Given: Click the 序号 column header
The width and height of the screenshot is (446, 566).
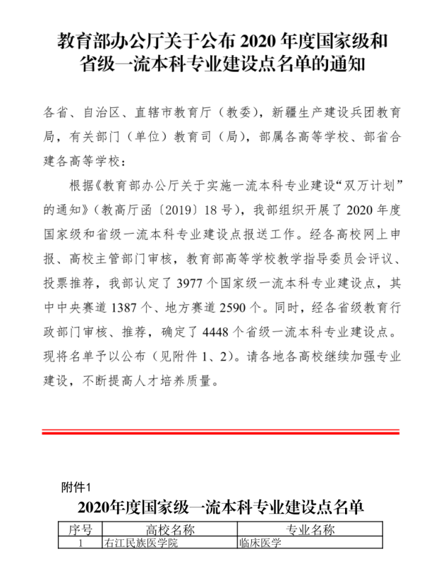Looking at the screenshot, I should click(x=80, y=530).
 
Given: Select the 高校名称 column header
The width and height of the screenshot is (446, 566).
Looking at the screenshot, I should click(x=169, y=530).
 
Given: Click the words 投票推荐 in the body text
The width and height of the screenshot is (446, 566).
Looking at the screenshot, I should click(x=73, y=284).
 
